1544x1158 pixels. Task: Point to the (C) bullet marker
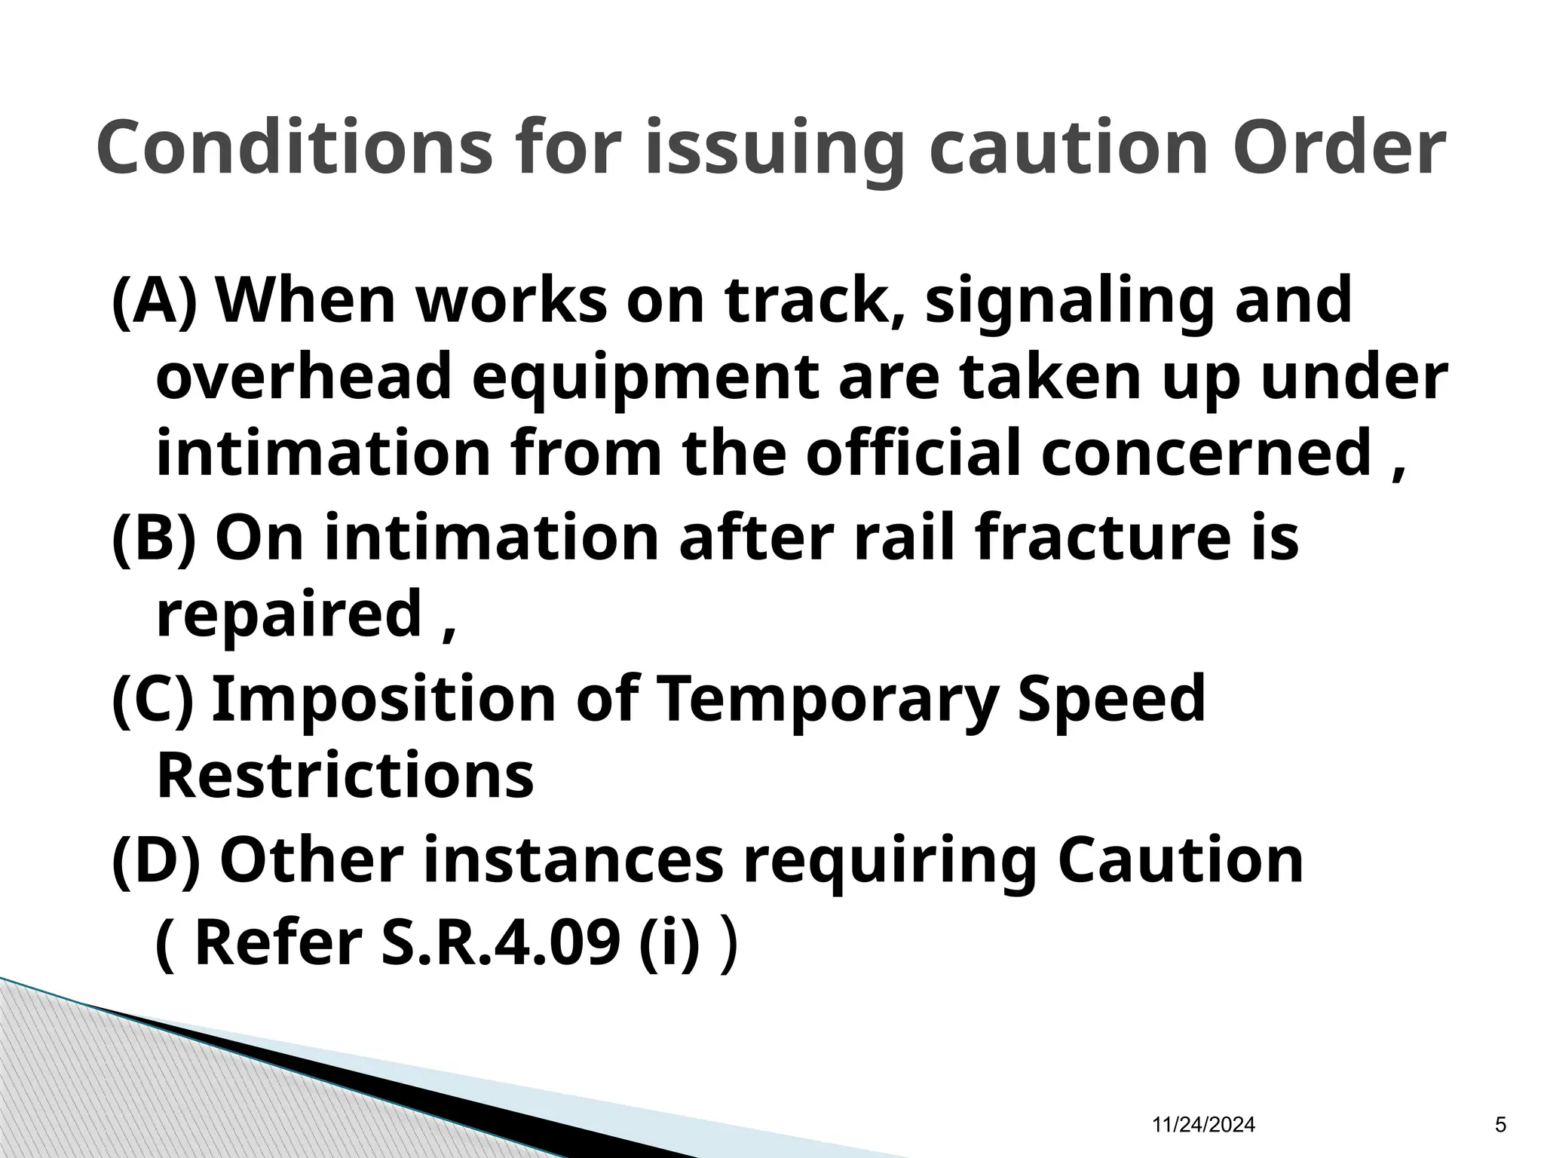(x=153, y=698)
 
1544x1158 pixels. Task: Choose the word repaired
(x=289, y=614)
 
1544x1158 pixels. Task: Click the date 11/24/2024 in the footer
(x=1204, y=1126)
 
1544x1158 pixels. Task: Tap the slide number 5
(x=1500, y=1126)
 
